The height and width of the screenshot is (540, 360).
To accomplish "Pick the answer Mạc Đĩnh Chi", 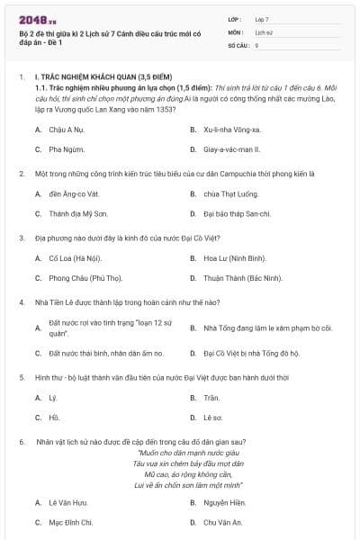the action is click(x=71, y=522).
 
